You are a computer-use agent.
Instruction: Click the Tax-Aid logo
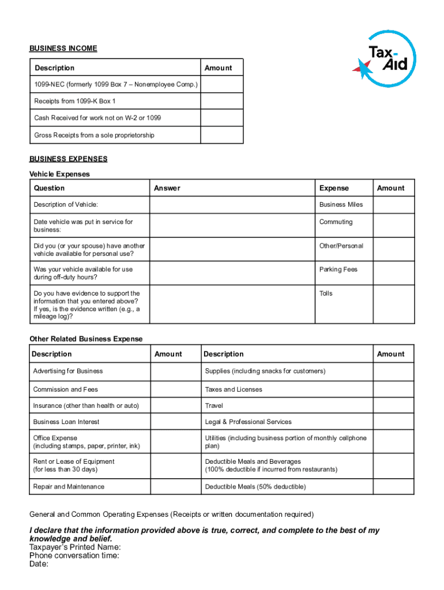click(383, 59)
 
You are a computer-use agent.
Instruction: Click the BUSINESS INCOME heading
click(63, 48)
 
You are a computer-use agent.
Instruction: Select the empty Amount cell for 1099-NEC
click(221, 85)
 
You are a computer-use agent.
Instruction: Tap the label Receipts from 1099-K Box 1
click(75, 101)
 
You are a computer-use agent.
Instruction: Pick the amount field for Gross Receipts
click(221, 135)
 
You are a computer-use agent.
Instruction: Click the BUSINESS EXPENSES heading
click(68, 159)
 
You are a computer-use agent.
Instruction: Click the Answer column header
click(167, 188)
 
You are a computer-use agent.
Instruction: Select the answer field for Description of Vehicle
click(232, 205)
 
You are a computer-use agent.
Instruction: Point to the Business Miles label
click(341, 205)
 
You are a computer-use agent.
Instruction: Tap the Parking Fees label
click(338, 269)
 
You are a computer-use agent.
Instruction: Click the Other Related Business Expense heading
click(86, 339)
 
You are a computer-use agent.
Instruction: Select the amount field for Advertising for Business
click(175, 372)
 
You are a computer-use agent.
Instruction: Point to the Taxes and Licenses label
click(234, 389)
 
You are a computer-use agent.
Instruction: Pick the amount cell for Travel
click(393, 406)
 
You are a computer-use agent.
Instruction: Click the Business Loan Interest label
click(66, 422)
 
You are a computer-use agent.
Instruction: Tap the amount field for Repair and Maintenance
click(175, 487)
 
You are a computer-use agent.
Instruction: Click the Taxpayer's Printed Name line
click(75, 547)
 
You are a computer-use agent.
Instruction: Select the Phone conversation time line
click(74, 555)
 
